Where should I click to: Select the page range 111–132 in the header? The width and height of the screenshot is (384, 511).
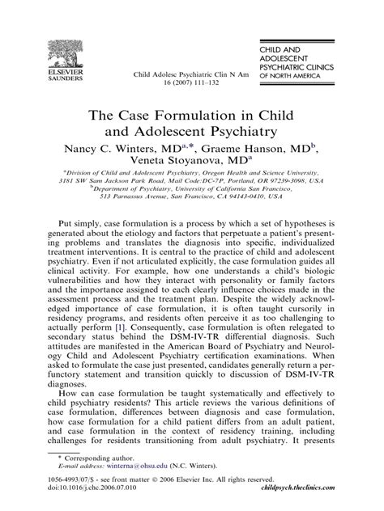pos(207,82)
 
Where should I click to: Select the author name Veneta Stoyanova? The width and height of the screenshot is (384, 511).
pos(181,164)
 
